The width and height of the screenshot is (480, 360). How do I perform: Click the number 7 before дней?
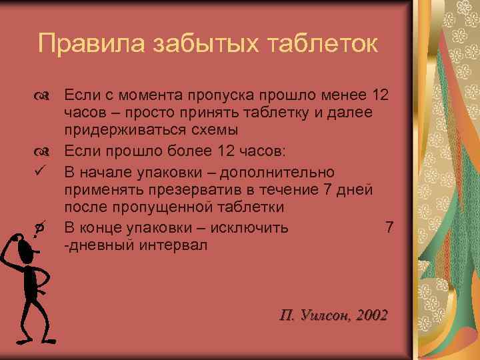tap(326, 190)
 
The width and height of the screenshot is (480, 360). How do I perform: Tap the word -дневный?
tap(99, 245)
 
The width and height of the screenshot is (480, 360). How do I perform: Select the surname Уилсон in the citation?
tap(325, 315)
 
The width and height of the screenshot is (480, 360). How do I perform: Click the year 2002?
tap(371, 315)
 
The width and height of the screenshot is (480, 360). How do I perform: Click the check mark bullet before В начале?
tap(41, 171)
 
